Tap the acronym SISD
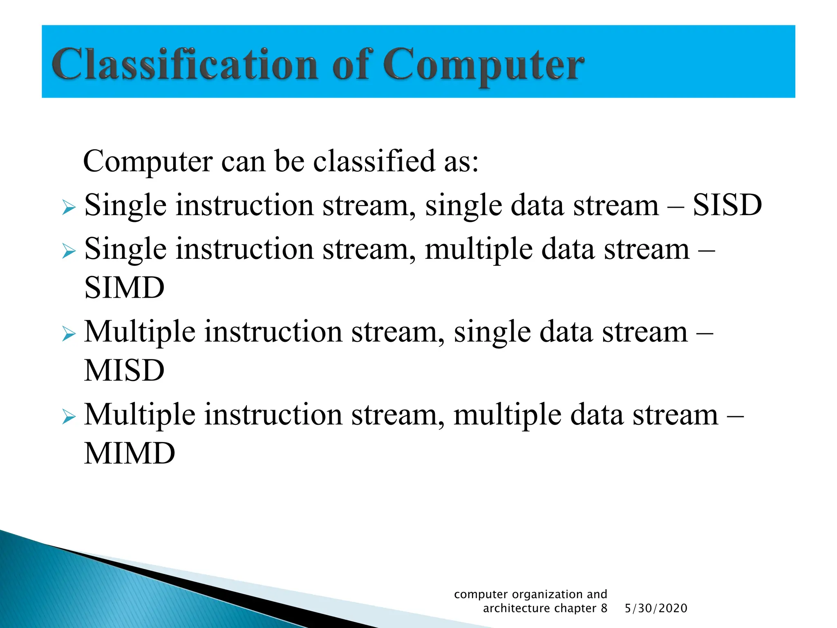pos(727,205)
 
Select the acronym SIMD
pos(124,287)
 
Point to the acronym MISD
pos(124,370)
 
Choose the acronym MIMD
pos(130,453)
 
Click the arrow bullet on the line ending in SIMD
pos(69,251)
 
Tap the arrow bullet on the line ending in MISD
pos(69,334)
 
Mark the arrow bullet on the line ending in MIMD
pos(69,417)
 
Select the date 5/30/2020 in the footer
pos(656,608)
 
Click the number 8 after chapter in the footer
pos(604,608)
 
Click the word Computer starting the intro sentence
pos(148,162)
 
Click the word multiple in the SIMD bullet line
pos(479,250)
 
